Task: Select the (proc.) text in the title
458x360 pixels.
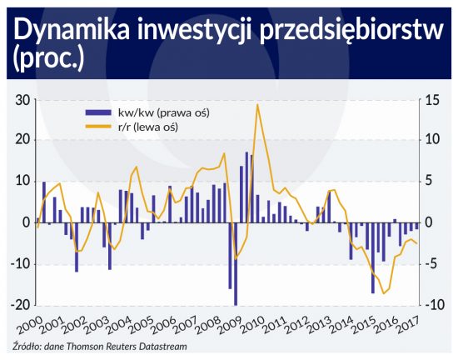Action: tap(49, 58)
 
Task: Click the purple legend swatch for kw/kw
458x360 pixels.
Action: tap(98, 112)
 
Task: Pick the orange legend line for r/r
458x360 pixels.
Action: tap(98, 127)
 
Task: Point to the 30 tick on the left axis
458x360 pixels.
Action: tap(22, 101)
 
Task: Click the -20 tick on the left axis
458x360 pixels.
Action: tap(21, 305)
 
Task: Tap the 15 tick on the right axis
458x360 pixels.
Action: tap(431, 101)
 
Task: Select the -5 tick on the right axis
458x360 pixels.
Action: tap(431, 264)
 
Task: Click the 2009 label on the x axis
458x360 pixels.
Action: tap(229, 325)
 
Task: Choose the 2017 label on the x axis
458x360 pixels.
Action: tap(408, 325)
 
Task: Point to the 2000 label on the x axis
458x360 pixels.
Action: tap(29, 325)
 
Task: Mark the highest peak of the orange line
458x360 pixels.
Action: tap(257, 104)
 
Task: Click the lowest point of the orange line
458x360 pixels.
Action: tap(384, 293)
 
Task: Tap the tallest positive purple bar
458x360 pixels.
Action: tap(246, 187)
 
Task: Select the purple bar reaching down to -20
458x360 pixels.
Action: tap(236, 264)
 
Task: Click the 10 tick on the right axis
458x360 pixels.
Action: tap(431, 139)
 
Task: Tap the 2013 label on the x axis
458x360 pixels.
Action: tap(319, 325)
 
